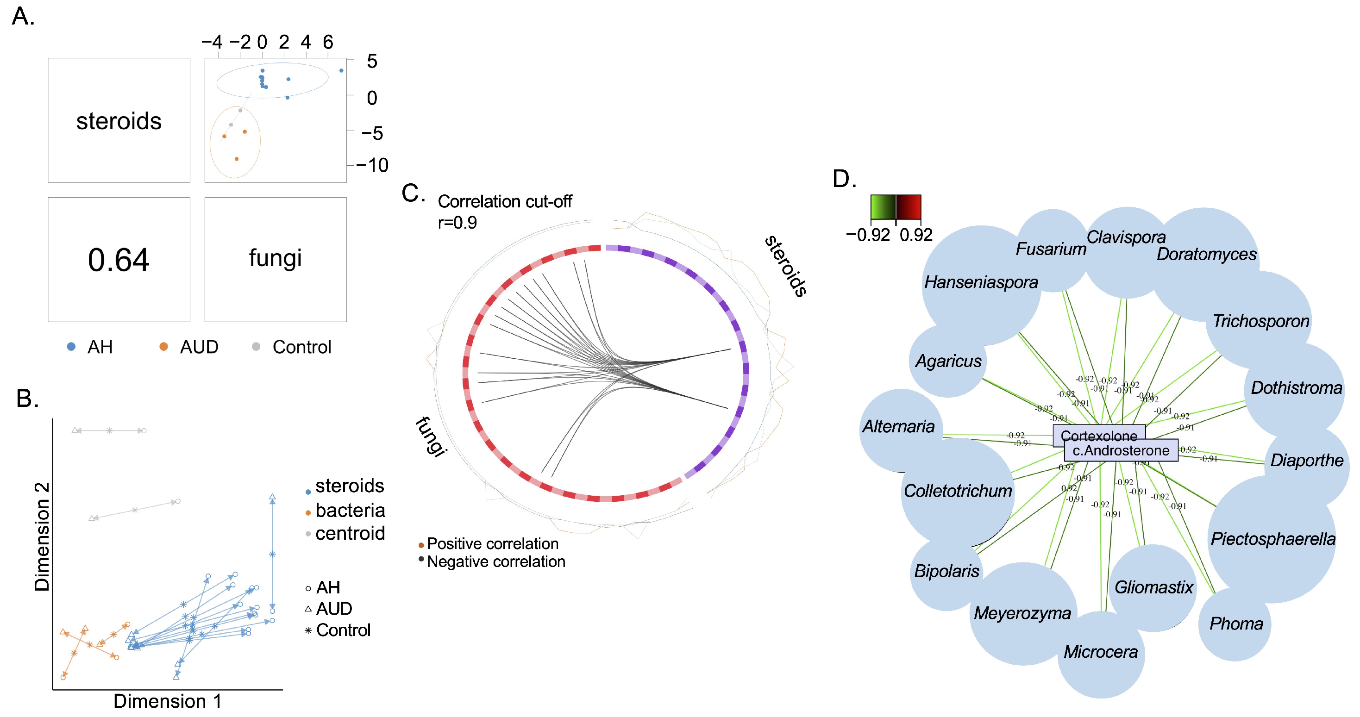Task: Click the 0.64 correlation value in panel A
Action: (119, 260)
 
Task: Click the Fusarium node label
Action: (1051, 249)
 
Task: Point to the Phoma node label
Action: (1236, 623)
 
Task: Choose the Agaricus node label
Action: (948, 361)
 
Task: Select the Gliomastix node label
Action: (1153, 587)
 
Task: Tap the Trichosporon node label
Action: (1261, 321)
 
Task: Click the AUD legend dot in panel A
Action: (163, 347)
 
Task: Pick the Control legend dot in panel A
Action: (256, 347)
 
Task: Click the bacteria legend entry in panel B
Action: (350, 510)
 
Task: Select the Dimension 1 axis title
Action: (167, 701)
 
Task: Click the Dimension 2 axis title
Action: (42, 536)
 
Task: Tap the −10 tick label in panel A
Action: (372, 165)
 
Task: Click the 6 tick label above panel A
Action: (328, 42)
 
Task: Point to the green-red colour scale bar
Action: (896, 207)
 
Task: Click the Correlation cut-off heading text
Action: (505, 201)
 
